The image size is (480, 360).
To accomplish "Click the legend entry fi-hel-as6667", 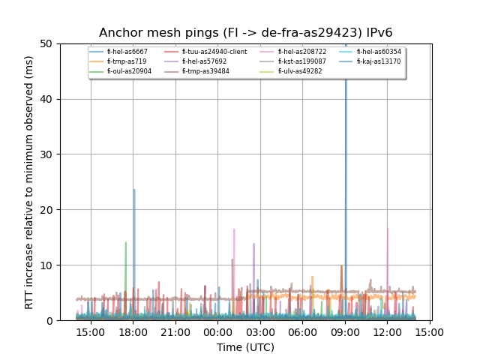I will coord(127,52).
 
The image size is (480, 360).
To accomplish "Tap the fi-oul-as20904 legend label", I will coord(129,71).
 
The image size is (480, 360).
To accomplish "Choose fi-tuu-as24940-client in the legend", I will coord(214,52).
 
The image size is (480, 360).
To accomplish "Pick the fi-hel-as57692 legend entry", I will coord(204,61).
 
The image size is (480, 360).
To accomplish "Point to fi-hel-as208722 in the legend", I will coord(297,52).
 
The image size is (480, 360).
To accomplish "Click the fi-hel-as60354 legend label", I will coord(379,52).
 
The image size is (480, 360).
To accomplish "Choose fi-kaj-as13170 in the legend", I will coord(379,61).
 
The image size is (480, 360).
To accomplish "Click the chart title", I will coord(246,33).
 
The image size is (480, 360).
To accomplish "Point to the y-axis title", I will coord(29,182).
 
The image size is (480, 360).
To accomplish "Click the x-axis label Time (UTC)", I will coord(246,347).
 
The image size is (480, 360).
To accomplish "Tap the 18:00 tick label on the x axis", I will coord(133,331).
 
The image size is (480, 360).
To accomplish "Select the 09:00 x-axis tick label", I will coord(345,331).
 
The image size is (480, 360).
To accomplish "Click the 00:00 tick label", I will coord(218,331).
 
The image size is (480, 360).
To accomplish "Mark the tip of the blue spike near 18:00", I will coord(134,190).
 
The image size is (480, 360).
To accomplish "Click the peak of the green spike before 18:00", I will coord(125,242).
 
